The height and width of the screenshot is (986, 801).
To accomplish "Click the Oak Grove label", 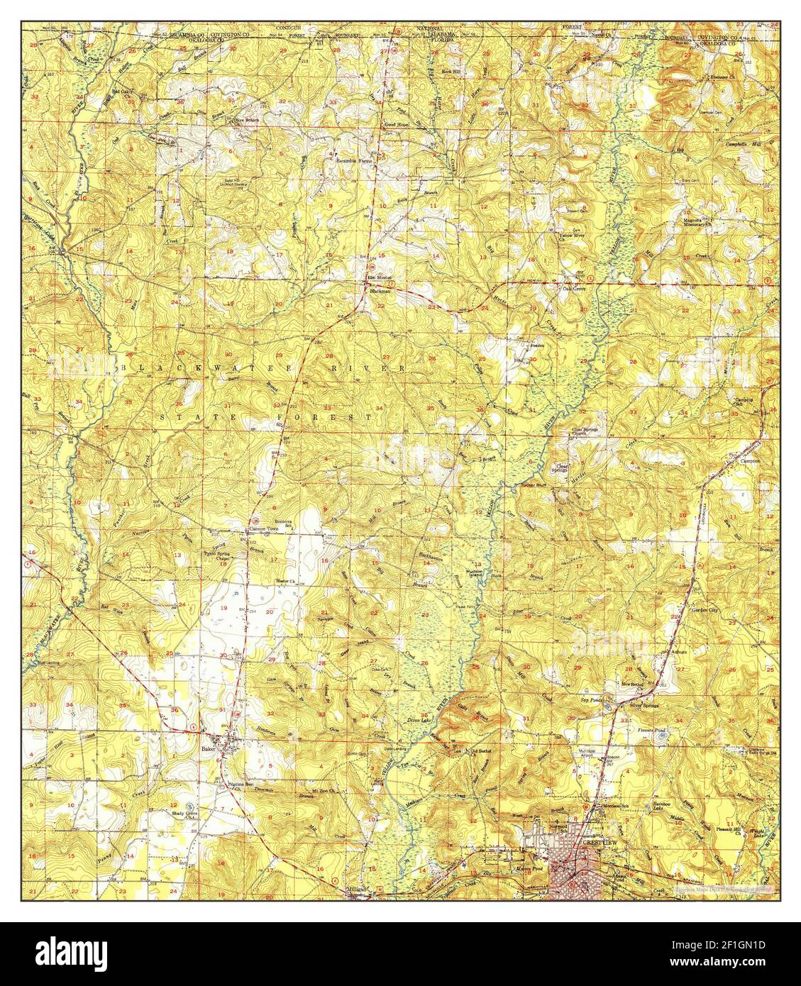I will click(574, 289).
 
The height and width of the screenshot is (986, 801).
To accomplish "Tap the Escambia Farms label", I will click(354, 160).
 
